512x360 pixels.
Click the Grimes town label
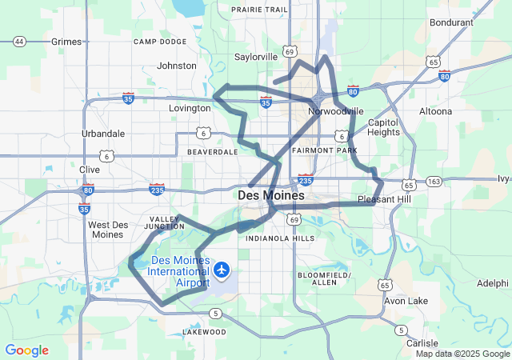(x=66, y=41)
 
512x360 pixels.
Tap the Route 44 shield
(x=20, y=41)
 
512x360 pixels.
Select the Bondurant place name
(x=451, y=22)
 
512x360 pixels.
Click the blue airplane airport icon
(x=220, y=270)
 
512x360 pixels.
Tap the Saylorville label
(x=256, y=57)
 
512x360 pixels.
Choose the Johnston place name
(x=177, y=66)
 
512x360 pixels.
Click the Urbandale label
(x=103, y=134)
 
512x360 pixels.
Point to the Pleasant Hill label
(x=383, y=199)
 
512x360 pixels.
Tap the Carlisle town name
(x=422, y=342)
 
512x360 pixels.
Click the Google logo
(x=26, y=350)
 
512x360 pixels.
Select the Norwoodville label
(x=335, y=111)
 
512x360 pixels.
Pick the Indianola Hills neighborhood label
(x=280, y=238)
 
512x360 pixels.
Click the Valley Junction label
(x=166, y=222)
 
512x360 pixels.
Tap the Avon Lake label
(x=406, y=301)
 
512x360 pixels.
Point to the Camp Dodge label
(x=160, y=42)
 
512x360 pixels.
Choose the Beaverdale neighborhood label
(x=213, y=151)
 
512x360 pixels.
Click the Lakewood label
(x=200, y=330)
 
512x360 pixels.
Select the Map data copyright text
(x=462, y=354)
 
